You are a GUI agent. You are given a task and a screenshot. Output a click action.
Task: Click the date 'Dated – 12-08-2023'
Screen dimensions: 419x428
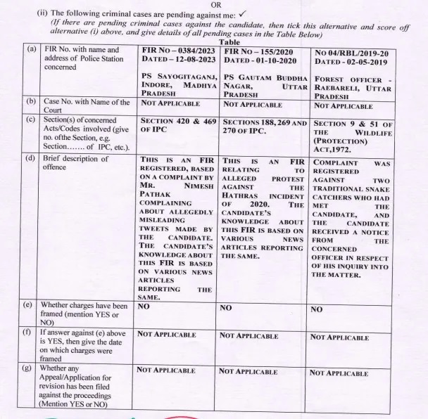178,61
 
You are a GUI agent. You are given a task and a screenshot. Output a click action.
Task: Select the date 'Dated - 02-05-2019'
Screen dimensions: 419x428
351,61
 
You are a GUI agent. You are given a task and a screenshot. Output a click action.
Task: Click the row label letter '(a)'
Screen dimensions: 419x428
32,51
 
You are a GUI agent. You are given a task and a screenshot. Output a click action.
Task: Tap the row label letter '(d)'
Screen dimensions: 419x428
32,159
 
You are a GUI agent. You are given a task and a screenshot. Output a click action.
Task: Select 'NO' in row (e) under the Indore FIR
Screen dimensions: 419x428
144,307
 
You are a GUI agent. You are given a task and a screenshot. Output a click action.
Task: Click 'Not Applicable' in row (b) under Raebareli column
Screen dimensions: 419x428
343,105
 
